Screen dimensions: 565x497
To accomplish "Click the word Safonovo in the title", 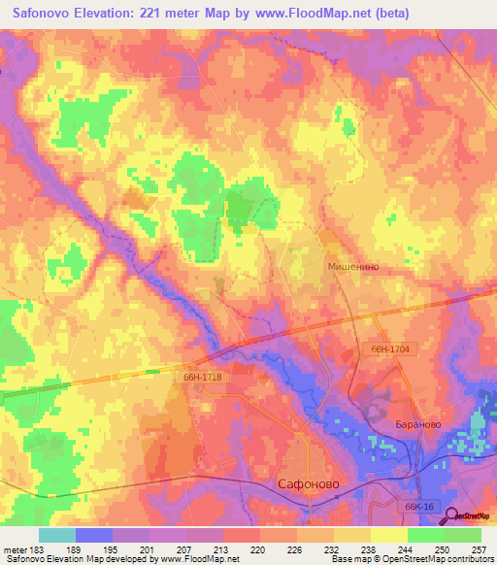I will (x=50, y=14).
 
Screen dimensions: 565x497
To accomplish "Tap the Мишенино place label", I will (x=350, y=265).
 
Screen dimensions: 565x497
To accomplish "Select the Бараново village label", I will (x=420, y=425).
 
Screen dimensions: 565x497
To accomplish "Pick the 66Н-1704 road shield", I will (x=391, y=349).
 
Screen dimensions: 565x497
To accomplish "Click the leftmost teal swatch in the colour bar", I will (x=56, y=535).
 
